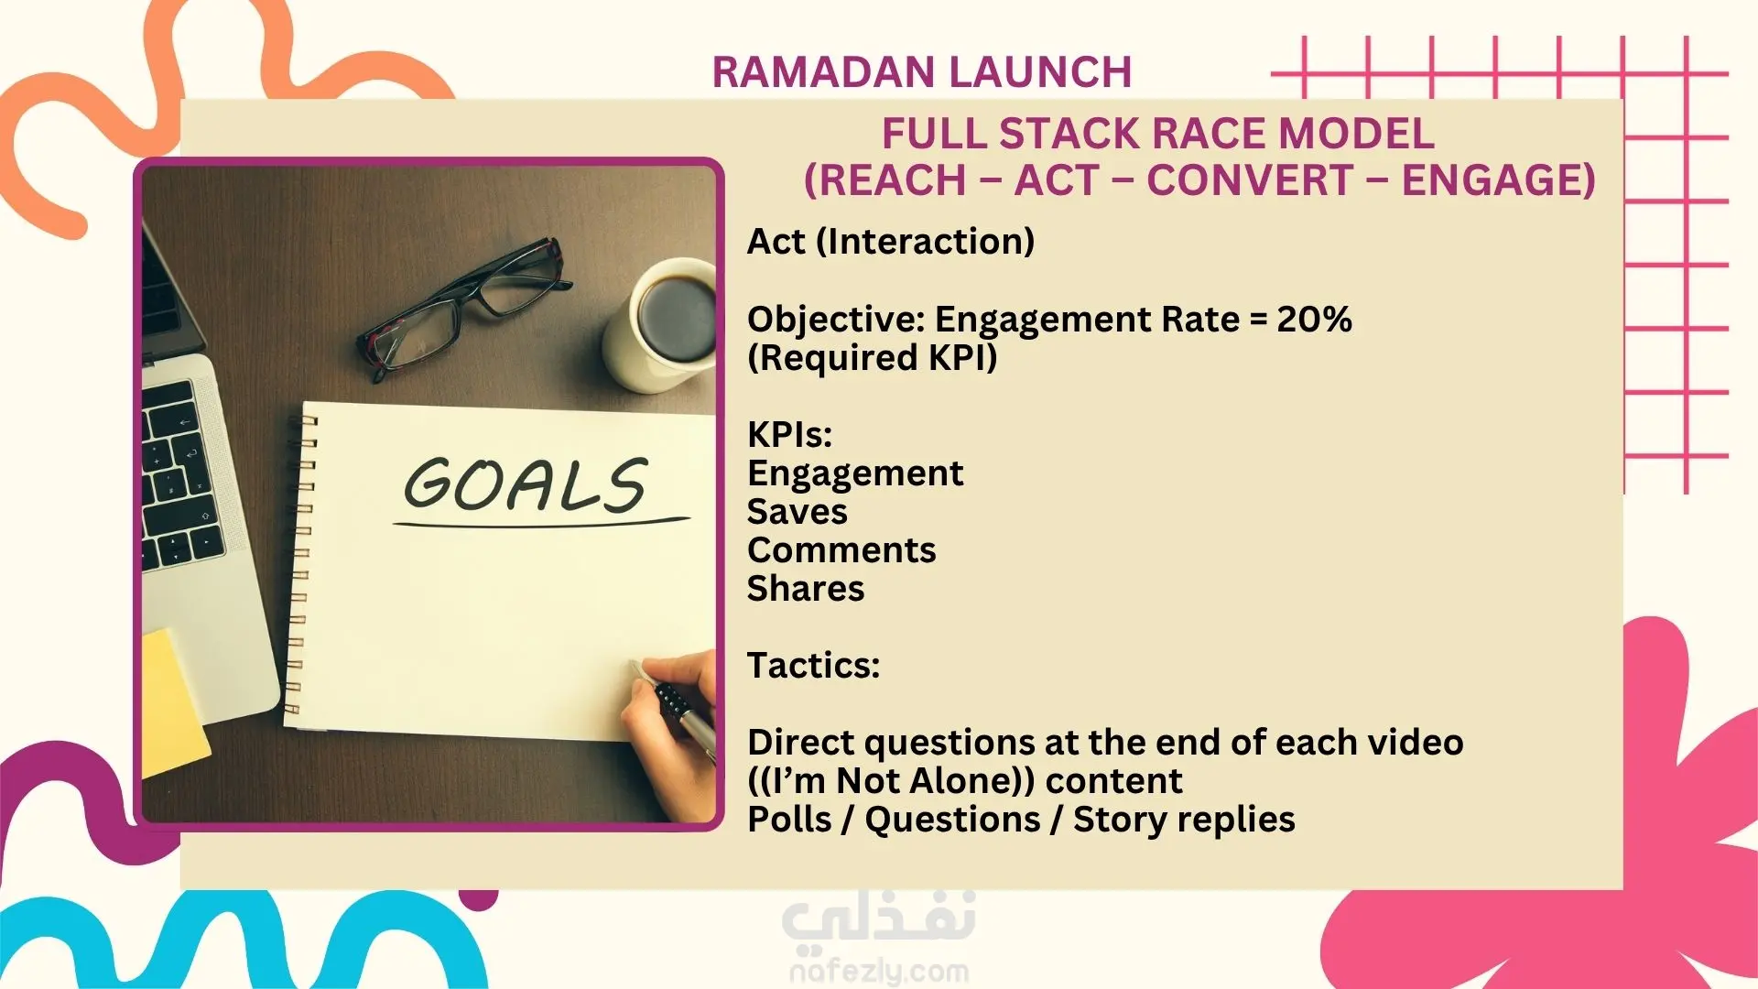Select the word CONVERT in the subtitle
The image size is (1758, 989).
point(1250,179)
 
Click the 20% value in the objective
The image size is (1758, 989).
point(1314,320)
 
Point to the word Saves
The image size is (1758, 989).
point(797,512)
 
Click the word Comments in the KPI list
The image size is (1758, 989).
point(841,550)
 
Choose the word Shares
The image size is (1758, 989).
point(806,589)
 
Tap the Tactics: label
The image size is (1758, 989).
point(813,666)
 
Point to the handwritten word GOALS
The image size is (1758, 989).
point(526,485)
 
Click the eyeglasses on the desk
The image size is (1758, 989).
point(462,308)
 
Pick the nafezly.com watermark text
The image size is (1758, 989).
point(879,972)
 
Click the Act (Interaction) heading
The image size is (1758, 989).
point(891,242)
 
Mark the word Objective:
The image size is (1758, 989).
point(837,321)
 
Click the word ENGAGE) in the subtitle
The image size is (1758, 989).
point(1499,179)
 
